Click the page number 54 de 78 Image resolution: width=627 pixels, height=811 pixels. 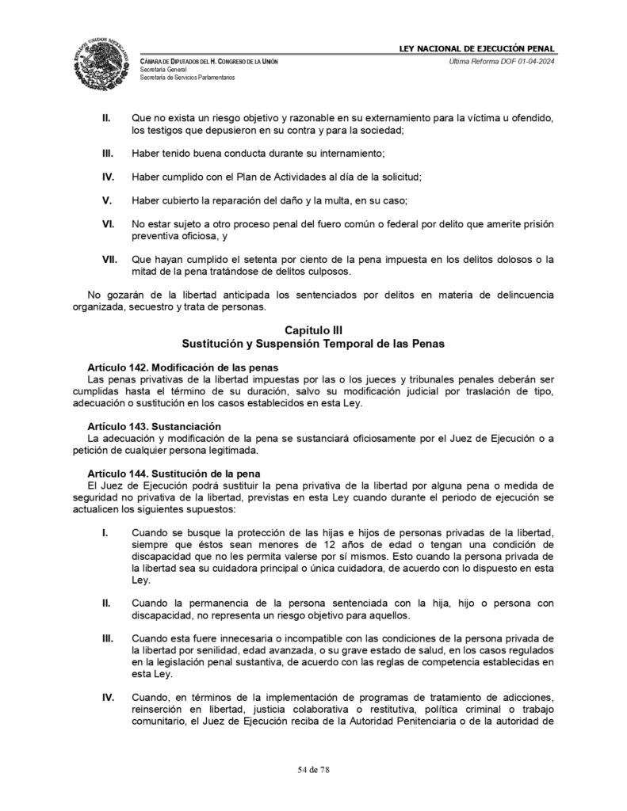(313, 767)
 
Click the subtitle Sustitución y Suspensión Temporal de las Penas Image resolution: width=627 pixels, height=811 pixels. (313, 345)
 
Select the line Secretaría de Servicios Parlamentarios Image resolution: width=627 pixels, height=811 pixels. (187, 78)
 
